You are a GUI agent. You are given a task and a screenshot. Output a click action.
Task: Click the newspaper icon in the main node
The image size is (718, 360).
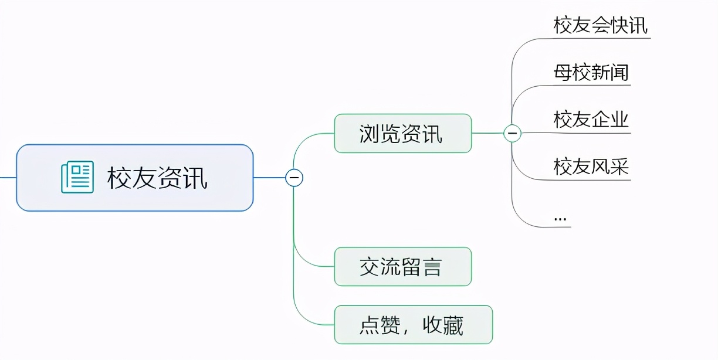77,178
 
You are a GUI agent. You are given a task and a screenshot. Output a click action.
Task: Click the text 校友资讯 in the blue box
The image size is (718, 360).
157,178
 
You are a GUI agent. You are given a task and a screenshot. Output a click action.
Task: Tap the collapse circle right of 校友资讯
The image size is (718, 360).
294,177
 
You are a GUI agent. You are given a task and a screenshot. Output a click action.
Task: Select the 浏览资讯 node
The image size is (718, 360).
402,134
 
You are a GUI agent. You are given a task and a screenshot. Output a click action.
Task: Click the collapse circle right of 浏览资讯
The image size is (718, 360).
512,134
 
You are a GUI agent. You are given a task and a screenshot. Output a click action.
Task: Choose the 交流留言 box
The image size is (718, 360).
402,267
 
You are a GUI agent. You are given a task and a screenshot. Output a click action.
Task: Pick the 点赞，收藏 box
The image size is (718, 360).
413,325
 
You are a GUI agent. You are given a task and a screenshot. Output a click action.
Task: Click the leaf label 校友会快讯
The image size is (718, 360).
601,26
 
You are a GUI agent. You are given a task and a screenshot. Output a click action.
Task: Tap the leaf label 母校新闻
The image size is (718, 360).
591,73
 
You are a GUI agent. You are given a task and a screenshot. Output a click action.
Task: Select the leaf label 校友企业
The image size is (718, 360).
591,120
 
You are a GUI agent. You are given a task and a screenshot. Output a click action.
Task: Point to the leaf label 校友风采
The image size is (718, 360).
591,167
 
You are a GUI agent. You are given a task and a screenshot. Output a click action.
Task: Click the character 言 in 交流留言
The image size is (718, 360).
432,267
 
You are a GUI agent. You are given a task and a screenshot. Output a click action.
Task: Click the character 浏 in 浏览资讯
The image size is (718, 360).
370,134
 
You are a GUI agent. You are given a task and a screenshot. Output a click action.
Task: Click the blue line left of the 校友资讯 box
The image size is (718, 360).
8,177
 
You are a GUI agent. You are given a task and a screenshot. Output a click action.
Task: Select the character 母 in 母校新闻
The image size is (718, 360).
563,73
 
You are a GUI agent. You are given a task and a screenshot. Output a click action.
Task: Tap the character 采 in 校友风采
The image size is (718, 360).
619,167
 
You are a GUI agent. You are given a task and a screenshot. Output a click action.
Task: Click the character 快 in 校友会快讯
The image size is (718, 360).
619,26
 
